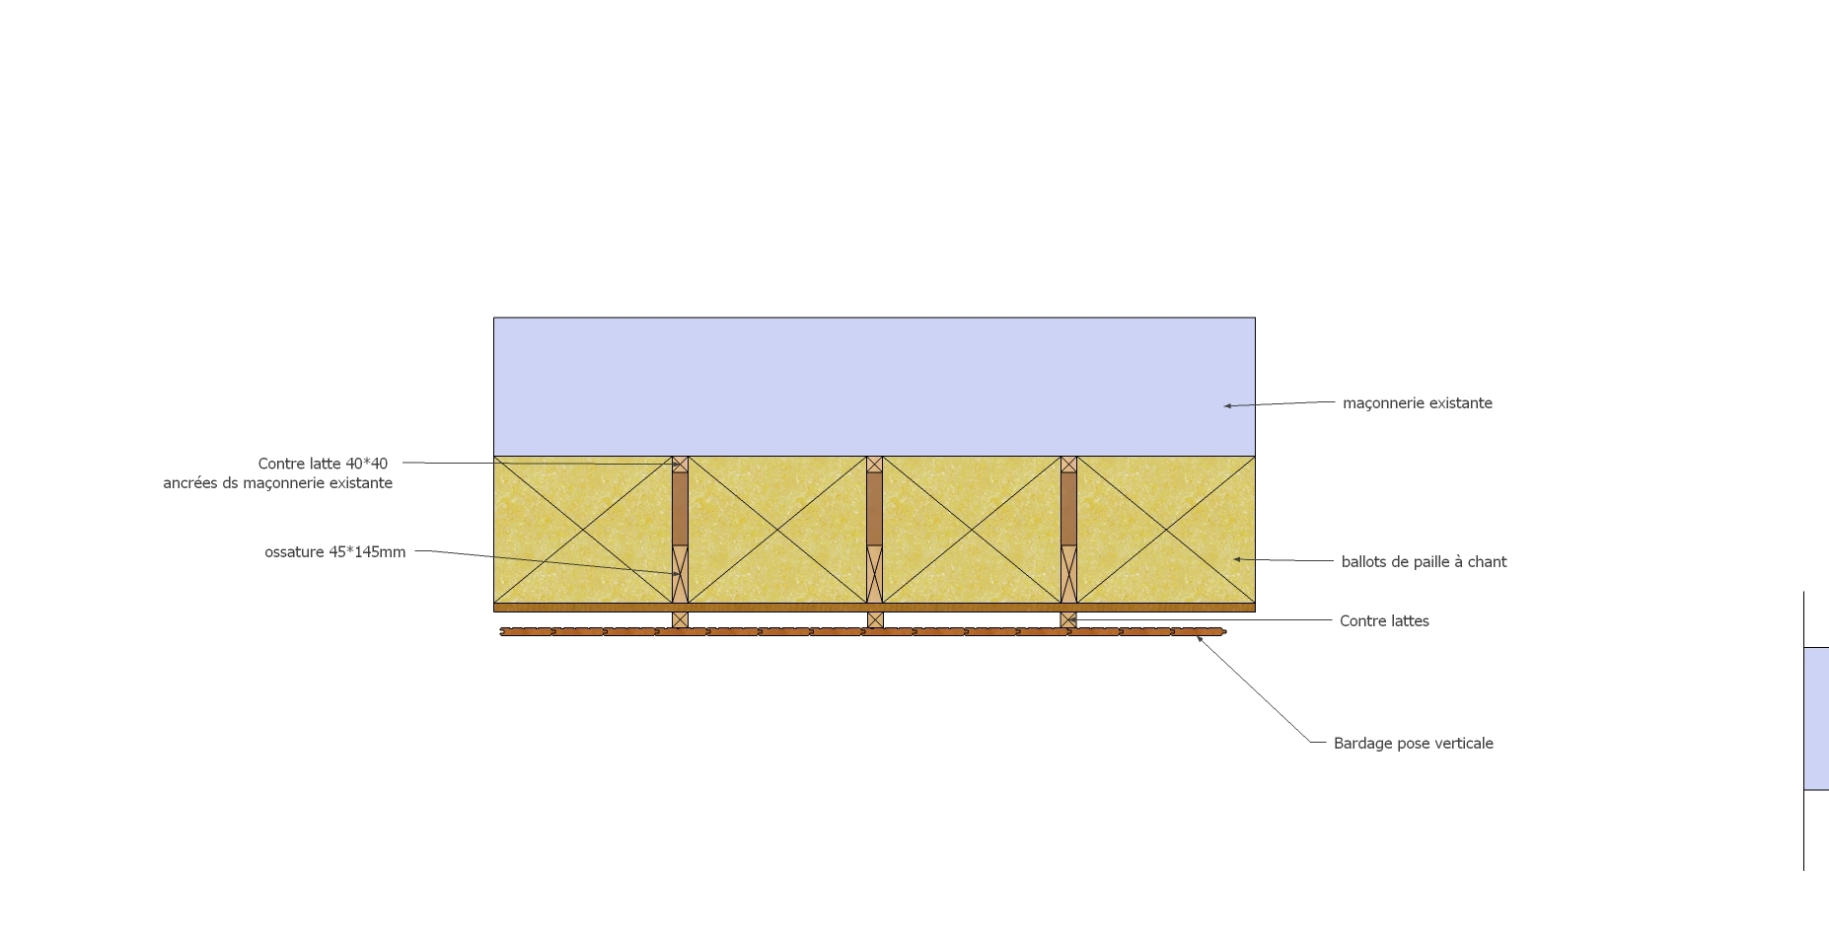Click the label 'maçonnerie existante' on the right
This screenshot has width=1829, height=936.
(x=1417, y=402)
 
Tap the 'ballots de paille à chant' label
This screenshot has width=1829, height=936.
(x=1424, y=561)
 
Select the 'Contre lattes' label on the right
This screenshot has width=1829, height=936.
(x=1384, y=620)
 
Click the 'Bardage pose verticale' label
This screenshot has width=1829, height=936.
(x=1413, y=743)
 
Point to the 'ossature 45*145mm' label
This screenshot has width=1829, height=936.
(x=334, y=551)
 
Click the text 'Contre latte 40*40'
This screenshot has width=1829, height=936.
(x=323, y=463)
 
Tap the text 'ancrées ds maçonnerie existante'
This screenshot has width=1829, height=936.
(x=277, y=482)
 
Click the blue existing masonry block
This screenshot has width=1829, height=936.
(x=874, y=386)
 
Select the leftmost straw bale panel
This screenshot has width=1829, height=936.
(x=582, y=530)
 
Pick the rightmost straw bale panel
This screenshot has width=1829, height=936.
(x=1166, y=530)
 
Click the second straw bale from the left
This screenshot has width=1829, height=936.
(x=777, y=530)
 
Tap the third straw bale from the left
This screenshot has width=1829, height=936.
(x=972, y=530)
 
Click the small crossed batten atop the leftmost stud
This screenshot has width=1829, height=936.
(x=680, y=464)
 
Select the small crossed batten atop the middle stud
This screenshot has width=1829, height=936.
(x=874, y=464)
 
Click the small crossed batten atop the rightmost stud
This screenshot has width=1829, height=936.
(x=1068, y=464)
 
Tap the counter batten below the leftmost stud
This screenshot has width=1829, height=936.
(x=680, y=619)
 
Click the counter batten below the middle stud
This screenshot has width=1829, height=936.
(x=875, y=619)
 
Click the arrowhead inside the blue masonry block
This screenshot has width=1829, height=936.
(x=1228, y=405)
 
